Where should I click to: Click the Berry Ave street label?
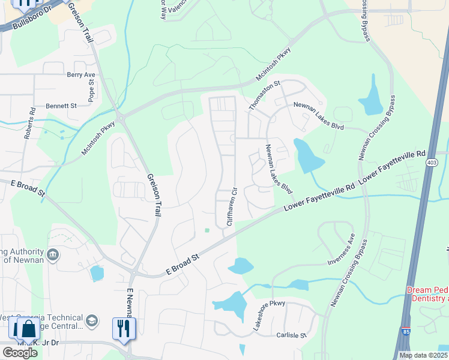[x=82, y=75]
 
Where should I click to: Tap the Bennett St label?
[x=62, y=106]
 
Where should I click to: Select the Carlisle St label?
[x=291, y=335]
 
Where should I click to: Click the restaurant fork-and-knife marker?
[x=124, y=328]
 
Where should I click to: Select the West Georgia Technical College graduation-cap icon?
[x=91, y=320]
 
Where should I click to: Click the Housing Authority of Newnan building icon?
[x=53, y=256]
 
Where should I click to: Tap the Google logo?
[x=20, y=353]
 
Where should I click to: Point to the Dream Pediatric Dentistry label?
[x=427, y=294]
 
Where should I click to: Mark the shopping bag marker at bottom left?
[x=28, y=328]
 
